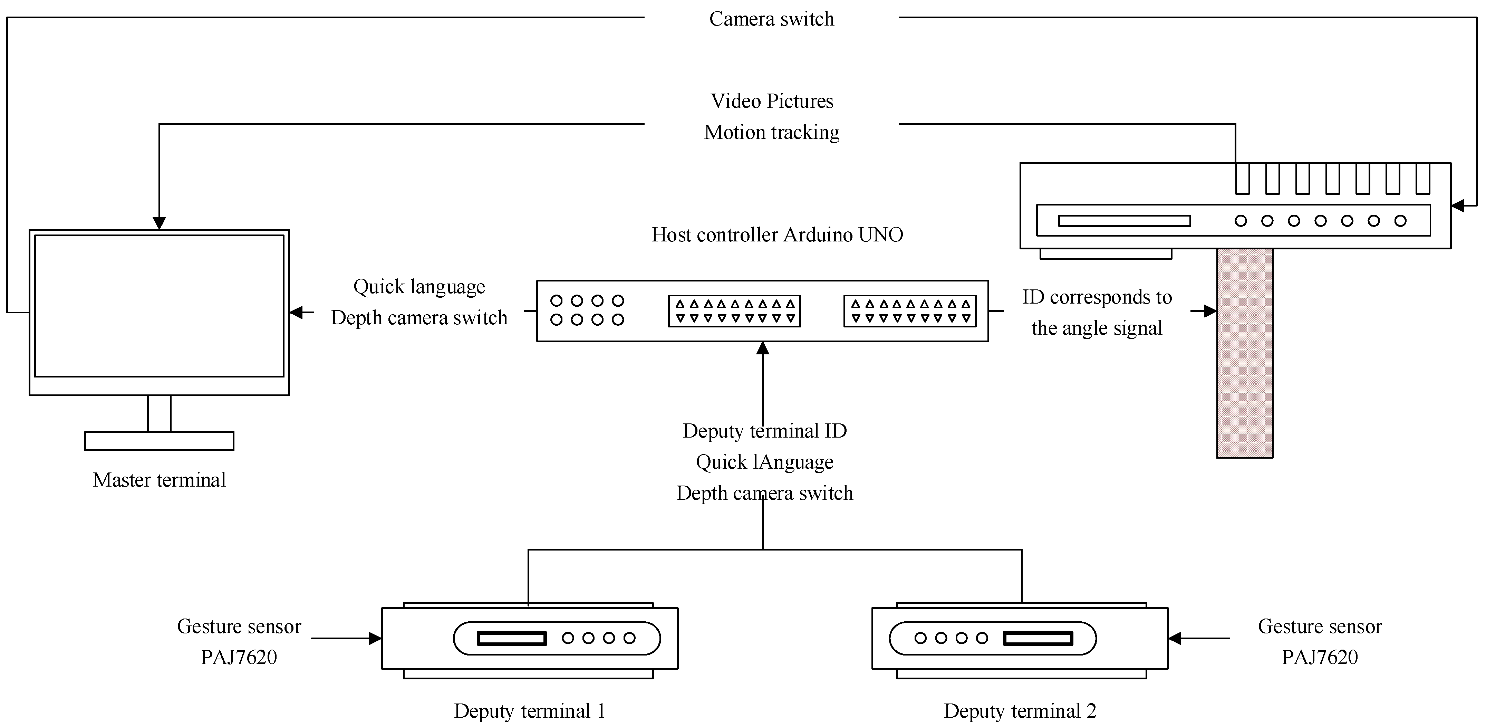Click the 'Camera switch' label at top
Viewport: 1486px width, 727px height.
click(771, 19)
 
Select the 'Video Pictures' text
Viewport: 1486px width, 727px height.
click(771, 101)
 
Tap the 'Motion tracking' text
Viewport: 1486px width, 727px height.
click(771, 132)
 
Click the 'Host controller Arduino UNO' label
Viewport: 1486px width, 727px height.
click(777, 235)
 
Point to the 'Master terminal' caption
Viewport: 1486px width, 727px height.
click(159, 480)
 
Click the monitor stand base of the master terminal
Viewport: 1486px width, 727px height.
click(159, 441)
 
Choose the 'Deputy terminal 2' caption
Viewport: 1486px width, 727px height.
click(1020, 711)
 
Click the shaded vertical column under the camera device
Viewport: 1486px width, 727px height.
click(1244, 352)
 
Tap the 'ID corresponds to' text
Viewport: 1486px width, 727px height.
click(1097, 297)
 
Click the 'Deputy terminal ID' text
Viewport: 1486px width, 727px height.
click(764, 431)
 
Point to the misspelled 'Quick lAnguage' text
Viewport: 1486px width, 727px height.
click(764, 462)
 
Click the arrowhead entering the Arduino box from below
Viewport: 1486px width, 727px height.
click(763, 348)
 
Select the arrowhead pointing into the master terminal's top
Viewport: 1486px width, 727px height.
click(159, 223)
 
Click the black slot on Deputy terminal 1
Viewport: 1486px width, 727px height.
click(512, 638)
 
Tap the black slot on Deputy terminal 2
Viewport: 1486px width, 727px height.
click(1038, 638)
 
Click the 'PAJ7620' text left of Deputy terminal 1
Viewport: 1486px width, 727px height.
click(239, 657)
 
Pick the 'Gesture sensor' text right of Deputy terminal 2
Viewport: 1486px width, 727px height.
click(1319, 626)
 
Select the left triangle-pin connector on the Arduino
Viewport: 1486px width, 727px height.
click(734, 311)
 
